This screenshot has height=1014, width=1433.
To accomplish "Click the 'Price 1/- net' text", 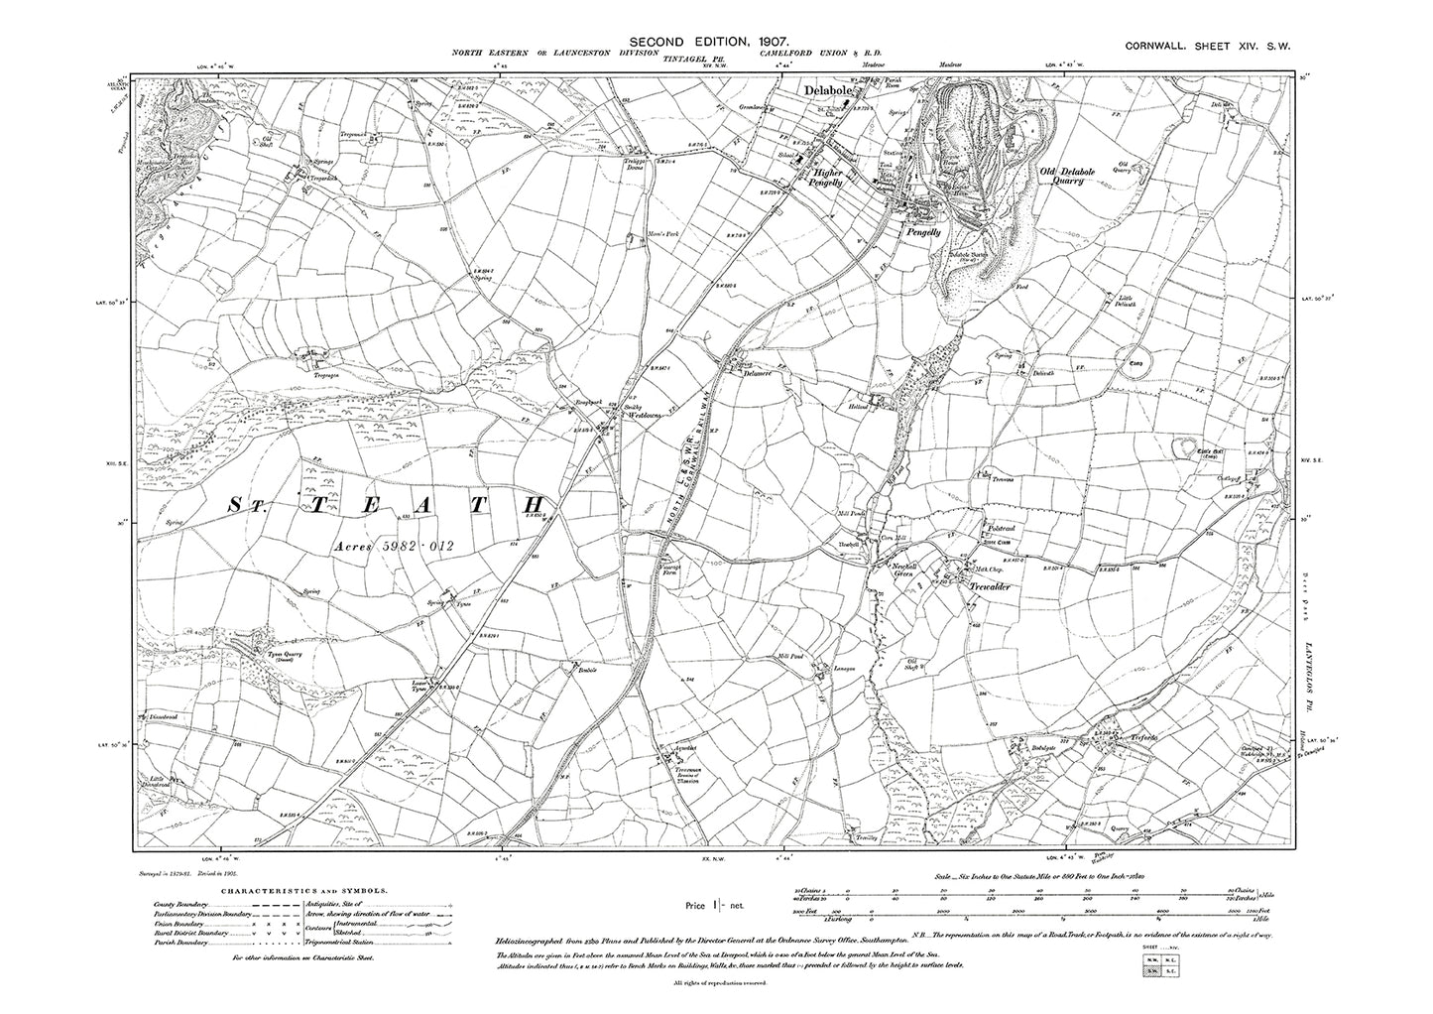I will coord(723,905).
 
